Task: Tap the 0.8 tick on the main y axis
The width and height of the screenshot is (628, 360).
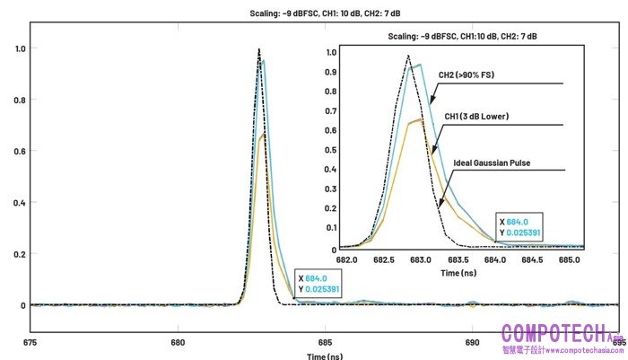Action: click(x=18, y=101)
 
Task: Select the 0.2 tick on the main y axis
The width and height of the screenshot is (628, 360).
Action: click(x=18, y=254)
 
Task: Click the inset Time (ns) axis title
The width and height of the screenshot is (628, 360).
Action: click(x=458, y=271)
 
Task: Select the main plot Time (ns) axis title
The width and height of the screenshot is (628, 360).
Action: click(x=324, y=356)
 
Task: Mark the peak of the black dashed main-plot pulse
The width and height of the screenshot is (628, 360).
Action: click(x=258, y=49)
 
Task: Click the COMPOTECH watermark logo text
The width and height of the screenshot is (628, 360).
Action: click(x=556, y=334)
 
